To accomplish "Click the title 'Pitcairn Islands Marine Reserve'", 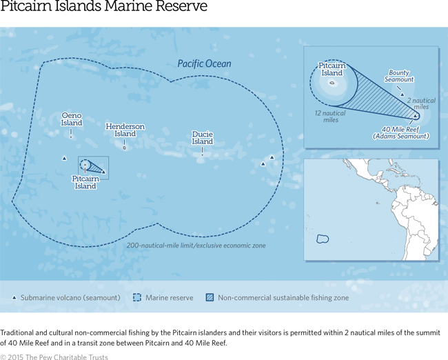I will coord(103,10).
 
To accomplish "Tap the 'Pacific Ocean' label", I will coord(204,64).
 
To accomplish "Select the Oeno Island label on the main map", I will coord(72,119).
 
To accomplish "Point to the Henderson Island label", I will coord(125,130).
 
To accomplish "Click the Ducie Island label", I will coord(203,137).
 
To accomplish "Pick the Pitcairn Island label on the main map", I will coord(85,182).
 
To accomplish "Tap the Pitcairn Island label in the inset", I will coord(332,69).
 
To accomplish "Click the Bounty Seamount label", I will coord(400,76).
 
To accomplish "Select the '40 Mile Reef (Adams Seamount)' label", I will coord(400,132).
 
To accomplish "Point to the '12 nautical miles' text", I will coord(328,116).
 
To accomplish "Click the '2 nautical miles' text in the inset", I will coord(421,103).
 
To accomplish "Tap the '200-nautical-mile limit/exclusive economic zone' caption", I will coord(196,246).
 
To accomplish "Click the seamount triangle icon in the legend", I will coord(14,298).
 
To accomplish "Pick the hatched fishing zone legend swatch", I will coord(210,298).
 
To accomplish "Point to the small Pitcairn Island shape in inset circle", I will coord(332,86).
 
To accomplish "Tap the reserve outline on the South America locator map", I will coord(322,239).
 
